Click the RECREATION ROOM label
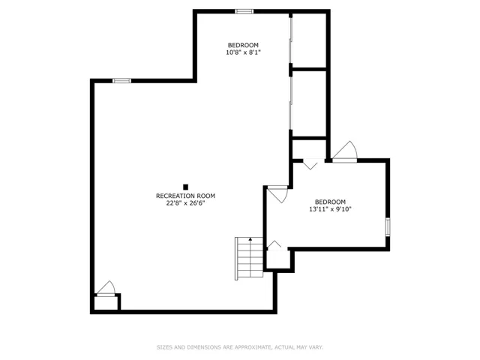185,196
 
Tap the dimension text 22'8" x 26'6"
185,203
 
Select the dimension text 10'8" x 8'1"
243,52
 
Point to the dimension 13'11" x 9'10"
330,209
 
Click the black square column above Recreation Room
185,187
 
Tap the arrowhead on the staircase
250,239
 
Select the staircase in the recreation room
249,258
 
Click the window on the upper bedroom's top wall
244,12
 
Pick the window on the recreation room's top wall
121,81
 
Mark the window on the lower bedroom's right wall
388,226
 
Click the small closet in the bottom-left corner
106,303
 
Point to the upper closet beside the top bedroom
309,40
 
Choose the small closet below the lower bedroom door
277,259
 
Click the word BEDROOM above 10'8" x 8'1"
243,45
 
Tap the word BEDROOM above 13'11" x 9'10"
330,202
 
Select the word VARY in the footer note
316,347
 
